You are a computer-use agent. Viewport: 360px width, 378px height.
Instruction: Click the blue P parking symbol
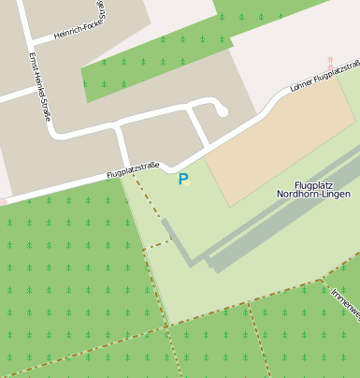click(x=183, y=179)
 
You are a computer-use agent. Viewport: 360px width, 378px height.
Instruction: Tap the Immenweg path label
click(x=346, y=303)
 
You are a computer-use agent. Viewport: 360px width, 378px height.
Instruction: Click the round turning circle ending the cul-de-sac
click(x=222, y=111)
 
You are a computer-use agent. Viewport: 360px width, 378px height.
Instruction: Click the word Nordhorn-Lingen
click(x=313, y=195)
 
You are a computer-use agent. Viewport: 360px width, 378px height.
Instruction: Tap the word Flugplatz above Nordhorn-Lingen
click(x=313, y=184)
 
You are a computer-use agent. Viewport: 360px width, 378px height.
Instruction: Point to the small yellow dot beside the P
click(x=187, y=183)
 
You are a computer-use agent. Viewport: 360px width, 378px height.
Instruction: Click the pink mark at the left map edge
click(x=3, y=201)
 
